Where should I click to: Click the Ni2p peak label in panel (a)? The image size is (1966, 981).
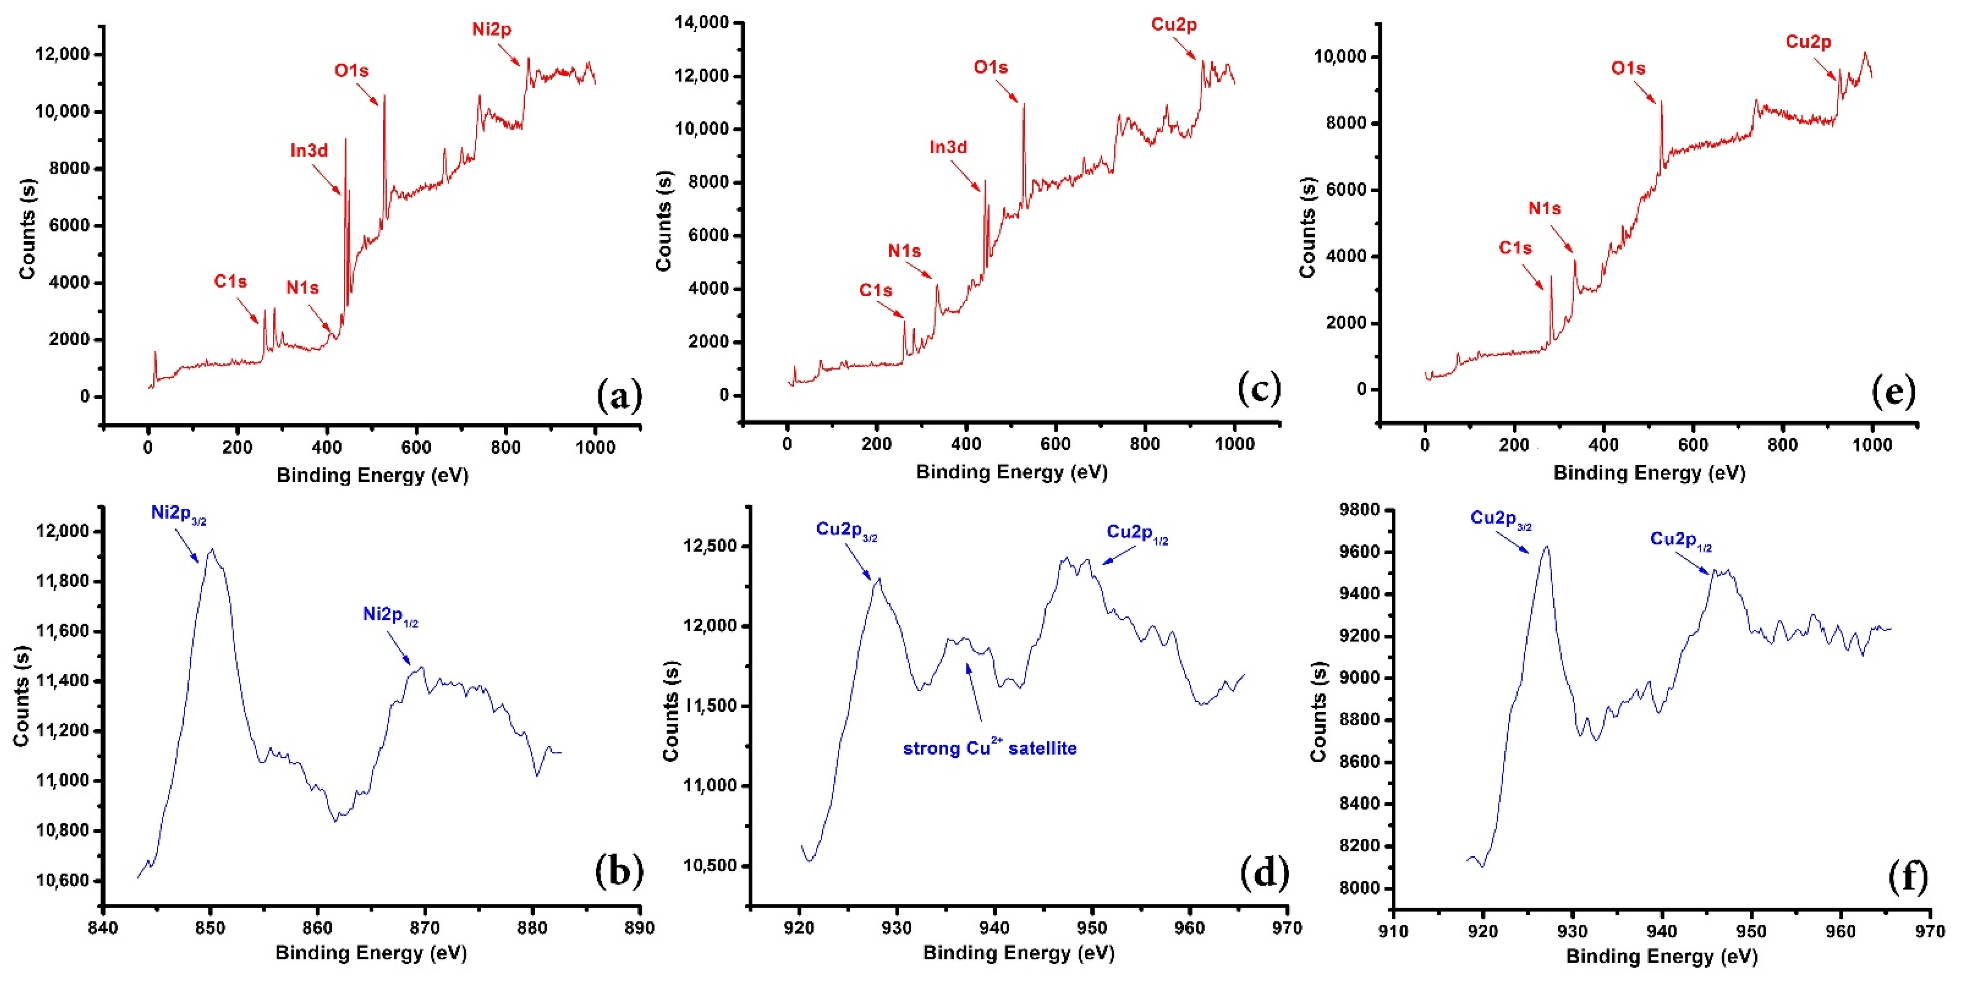click(x=491, y=30)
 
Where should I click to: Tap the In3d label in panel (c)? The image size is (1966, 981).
click(x=948, y=147)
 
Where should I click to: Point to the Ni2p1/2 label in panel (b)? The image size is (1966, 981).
click(x=390, y=615)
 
